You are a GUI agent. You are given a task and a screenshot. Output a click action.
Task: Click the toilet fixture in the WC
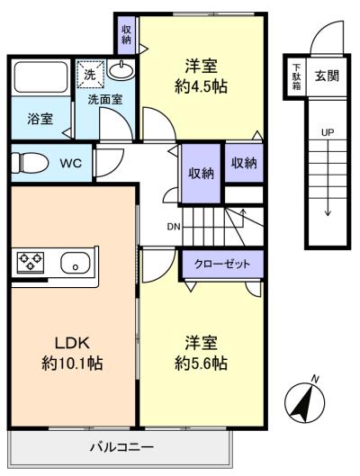click(x=30, y=163)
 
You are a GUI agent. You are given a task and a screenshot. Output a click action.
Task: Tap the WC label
click(x=71, y=164)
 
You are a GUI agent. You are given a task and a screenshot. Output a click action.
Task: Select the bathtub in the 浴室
click(x=40, y=77)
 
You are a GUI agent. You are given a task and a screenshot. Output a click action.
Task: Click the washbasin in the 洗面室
click(x=121, y=70)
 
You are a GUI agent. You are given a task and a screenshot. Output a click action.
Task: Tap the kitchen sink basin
click(x=76, y=263)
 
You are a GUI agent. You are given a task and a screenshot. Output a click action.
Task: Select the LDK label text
click(x=72, y=343)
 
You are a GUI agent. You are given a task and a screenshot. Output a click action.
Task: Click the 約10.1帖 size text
click(x=72, y=363)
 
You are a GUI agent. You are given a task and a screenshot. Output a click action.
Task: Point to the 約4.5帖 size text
click(x=202, y=86)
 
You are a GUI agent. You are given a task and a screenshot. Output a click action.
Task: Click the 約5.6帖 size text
click(x=202, y=363)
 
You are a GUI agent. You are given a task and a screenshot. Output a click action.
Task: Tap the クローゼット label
click(x=222, y=264)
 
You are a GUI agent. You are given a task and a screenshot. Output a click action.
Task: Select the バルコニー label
click(x=121, y=447)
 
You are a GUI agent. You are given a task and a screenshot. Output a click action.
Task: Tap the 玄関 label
click(x=327, y=76)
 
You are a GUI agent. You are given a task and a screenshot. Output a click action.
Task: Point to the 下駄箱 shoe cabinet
click(x=296, y=76)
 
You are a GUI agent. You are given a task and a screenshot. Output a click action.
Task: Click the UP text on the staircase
click(x=328, y=132)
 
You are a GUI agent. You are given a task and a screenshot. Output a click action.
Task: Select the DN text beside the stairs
click(x=174, y=227)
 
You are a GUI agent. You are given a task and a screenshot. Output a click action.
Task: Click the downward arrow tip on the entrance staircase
click(x=328, y=216)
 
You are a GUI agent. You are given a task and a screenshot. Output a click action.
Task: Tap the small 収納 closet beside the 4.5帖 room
click(x=126, y=34)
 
